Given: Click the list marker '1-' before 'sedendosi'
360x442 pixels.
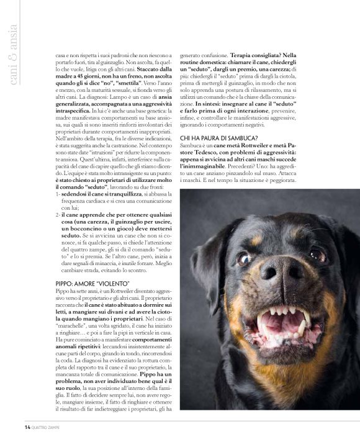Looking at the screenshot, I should [x=58, y=194].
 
